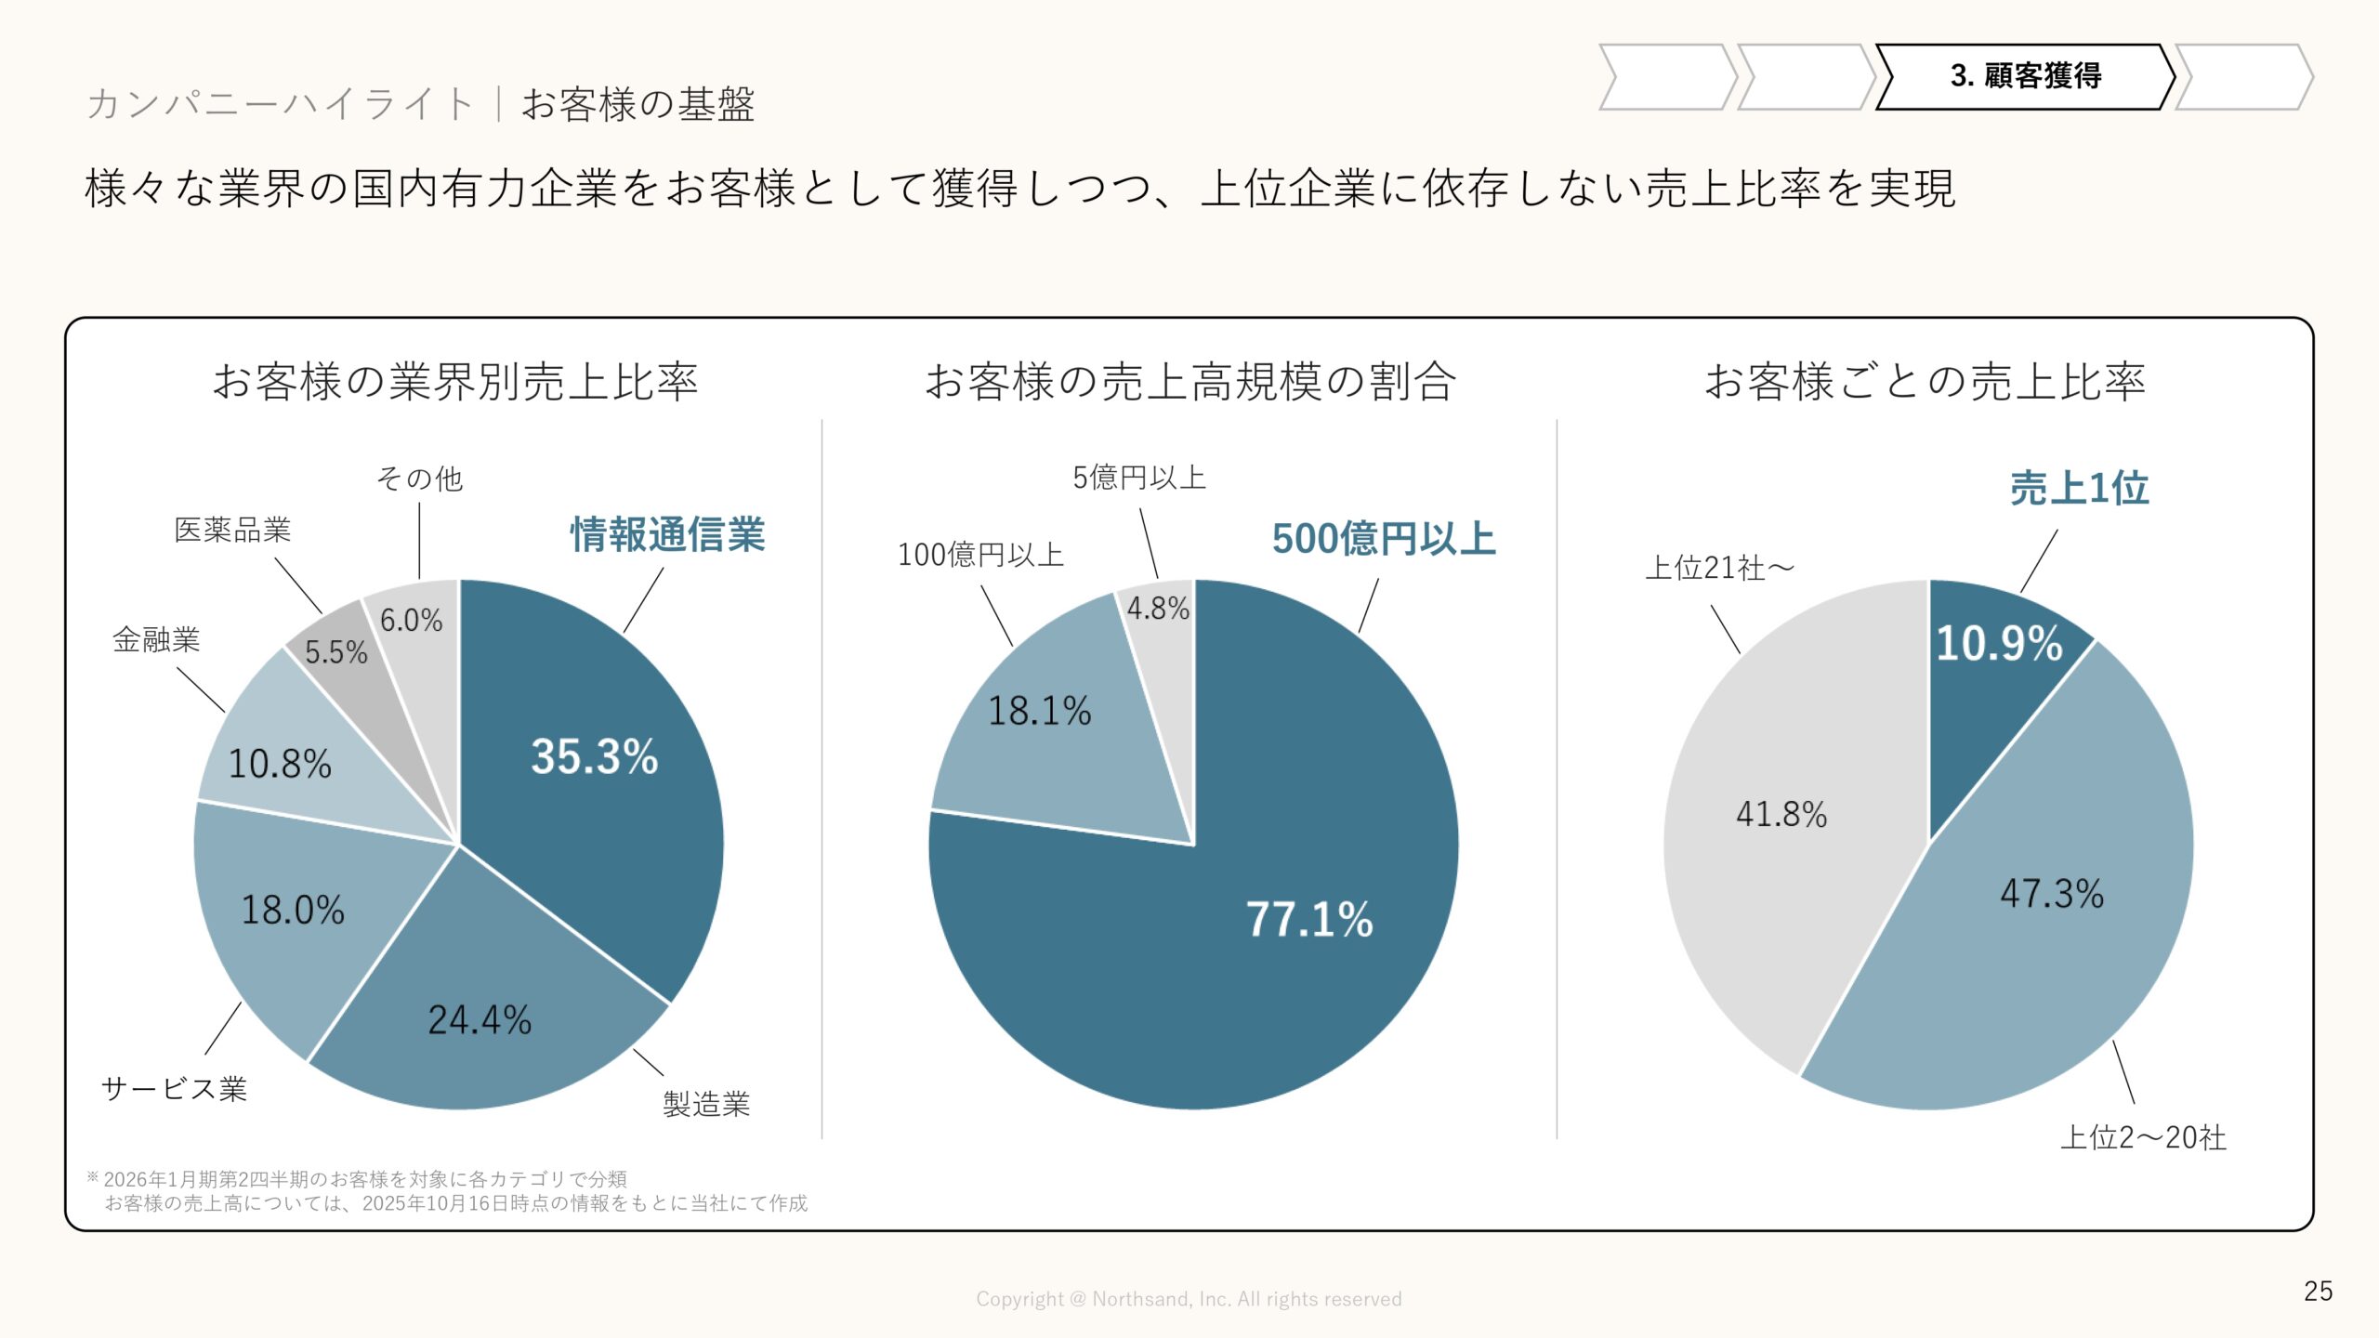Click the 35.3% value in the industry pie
[x=595, y=756]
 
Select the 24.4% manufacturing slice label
[x=480, y=1020]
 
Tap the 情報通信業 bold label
[x=667, y=534]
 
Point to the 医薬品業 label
[x=232, y=530]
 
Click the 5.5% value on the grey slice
[x=336, y=652]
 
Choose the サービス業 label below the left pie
[x=174, y=1088]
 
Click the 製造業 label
[x=706, y=1104]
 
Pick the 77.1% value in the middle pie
[x=1308, y=919]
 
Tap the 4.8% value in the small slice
[x=1158, y=609]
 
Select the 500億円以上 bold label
[x=1384, y=539]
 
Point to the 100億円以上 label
[x=980, y=555]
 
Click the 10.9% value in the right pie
[x=1999, y=643]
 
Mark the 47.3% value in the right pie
[x=2052, y=893]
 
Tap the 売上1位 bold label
[x=2080, y=488]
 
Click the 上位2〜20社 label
[x=2143, y=1137]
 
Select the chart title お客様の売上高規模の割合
[x=1189, y=381]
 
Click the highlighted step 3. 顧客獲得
[x=2026, y=76]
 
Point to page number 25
[x=2318, y=1291]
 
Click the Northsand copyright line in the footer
[x=1189, y=1299]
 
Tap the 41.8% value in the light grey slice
[x=1781, y=814]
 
